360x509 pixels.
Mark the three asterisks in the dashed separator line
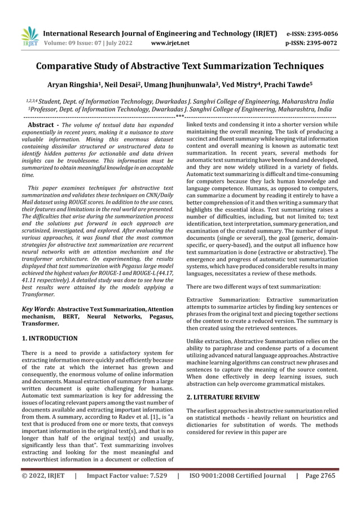pos(180,116)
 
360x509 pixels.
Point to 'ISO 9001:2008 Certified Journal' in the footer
pos(238,476)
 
